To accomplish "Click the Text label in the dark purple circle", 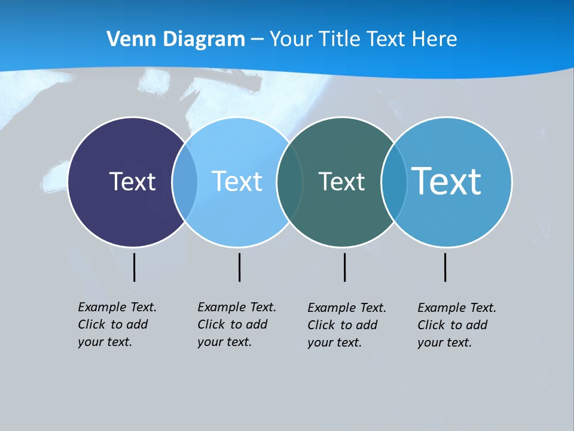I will (132, 181).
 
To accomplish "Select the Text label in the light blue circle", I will (237, 181).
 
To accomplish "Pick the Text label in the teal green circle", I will (341, 181).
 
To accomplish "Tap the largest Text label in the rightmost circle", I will (446, 181).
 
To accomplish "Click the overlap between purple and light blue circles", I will (185, 181).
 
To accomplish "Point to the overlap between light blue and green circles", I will (289, 181).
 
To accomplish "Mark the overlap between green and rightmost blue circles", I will (393, 181).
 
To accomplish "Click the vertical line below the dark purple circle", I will (135, 267).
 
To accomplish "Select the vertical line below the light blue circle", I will (239, 267).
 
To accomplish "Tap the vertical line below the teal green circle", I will (344, 267).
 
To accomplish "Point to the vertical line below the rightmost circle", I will (445, 267).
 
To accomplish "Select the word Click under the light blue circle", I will (211, 324).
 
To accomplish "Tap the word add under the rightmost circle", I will (477, 325).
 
